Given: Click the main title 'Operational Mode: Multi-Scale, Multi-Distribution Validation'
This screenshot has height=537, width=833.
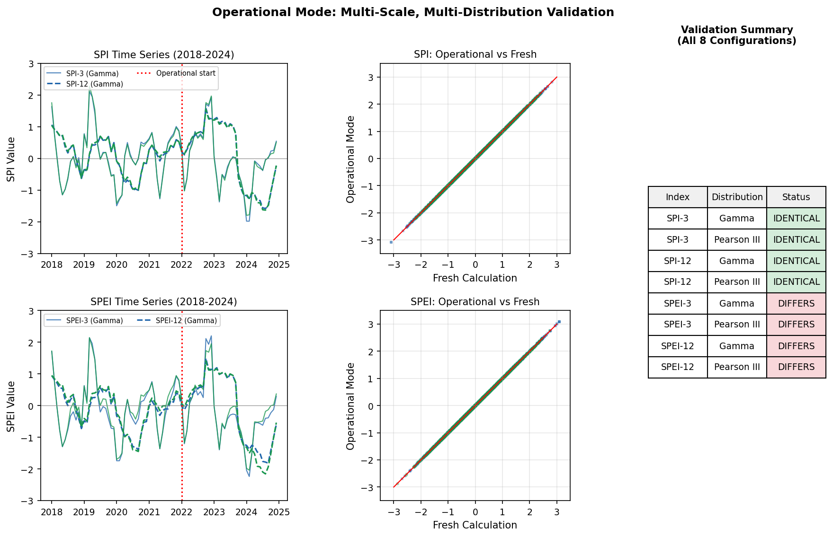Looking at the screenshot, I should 413,12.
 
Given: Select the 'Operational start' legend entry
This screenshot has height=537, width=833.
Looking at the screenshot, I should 185,73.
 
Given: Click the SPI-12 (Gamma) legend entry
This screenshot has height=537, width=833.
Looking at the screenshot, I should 94,84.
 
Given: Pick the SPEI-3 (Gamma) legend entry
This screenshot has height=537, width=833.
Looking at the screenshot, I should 94,321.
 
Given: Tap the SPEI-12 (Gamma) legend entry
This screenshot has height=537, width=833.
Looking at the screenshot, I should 186,321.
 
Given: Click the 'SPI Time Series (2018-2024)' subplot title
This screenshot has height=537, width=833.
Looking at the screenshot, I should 164,55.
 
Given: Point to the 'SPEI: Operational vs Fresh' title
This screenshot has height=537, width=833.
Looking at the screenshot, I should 475,302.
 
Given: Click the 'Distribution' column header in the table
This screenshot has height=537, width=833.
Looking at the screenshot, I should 737,197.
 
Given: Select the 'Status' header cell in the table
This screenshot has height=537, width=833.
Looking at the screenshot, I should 796,197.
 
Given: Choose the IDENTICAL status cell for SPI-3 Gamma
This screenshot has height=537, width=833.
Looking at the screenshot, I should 796,219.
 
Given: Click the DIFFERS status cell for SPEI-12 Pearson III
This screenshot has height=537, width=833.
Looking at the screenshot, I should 796,367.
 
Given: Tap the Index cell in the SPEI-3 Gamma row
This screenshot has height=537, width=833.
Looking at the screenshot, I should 678,304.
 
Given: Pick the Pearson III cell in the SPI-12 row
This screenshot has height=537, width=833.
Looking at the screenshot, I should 737,282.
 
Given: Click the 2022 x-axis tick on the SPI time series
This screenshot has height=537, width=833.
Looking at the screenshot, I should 181,264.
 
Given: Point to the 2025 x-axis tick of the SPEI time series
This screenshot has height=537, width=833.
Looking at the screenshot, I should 279,512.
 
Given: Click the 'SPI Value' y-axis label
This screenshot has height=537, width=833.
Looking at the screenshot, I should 11,159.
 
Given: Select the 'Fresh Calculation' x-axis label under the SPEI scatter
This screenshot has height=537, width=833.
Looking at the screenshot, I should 475,525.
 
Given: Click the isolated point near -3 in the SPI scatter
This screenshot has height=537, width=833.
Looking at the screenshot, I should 391,242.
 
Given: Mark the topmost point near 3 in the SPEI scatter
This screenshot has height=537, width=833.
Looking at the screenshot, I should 559,322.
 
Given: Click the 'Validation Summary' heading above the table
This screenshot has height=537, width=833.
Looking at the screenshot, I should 737,35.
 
